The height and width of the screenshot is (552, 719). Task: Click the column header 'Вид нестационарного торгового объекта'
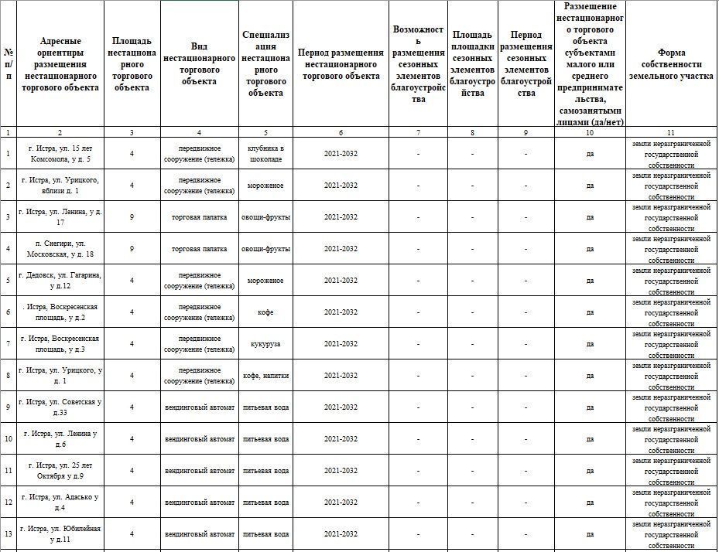click(199, 64)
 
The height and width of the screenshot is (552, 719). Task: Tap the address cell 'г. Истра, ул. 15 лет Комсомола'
click(60, 153)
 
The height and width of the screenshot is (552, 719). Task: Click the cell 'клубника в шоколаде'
click(265, 153)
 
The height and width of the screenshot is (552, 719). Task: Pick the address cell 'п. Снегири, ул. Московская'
click(60, 248)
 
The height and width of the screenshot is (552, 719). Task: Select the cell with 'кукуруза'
click(265, 344)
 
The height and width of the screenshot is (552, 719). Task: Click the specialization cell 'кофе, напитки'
click(265, 376)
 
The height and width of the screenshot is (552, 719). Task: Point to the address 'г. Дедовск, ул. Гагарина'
click(60, 281)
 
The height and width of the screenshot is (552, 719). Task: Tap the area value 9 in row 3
click(132, 217)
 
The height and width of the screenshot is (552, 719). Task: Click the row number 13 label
click(8, 534)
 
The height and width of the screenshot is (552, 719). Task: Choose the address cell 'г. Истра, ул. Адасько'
click(60, 503)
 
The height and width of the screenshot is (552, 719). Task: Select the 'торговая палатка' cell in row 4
click(199, 249)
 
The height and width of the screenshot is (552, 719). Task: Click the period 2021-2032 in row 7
click(341, 344)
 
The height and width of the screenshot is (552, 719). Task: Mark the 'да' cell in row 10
click(590, 439)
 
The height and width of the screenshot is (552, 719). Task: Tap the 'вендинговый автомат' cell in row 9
click(199, 407)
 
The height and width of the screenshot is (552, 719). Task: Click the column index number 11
click(671, 132)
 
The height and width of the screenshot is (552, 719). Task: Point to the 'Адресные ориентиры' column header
click(60, 64)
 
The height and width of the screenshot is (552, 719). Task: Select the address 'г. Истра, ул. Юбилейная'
click(60, 534)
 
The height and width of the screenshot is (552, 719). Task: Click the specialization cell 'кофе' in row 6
click(265, 312)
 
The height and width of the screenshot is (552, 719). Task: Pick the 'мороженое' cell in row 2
click(265, 186)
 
